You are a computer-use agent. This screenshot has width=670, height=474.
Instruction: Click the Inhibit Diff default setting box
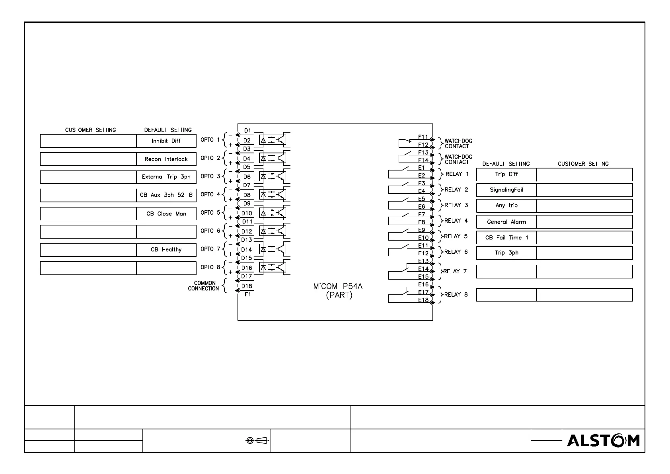tap(166, 141)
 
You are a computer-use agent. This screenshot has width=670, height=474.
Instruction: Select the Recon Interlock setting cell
tap(166, 159)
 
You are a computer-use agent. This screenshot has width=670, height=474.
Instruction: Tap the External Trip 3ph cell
tap(166, 177)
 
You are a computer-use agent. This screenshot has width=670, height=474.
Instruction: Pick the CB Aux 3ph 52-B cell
tap(166, 195)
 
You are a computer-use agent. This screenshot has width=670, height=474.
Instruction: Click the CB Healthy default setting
tap(166, 250)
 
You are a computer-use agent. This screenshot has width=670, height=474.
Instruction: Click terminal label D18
tap(247, 286)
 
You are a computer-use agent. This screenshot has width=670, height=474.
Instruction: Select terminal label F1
tap(247, 295)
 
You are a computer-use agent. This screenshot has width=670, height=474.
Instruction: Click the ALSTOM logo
tap(603, 441)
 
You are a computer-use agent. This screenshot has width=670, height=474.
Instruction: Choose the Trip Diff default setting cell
tap(506, 174)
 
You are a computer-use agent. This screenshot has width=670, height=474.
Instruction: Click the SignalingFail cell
tap(506, 190)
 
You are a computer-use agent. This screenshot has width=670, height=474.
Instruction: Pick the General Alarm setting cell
tap(506, 222)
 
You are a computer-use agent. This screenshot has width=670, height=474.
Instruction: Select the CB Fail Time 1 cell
tap(506, 238)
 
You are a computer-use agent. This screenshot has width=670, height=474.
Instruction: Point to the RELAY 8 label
tap(456, 295)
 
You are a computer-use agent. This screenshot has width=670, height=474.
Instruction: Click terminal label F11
tap(423, 137)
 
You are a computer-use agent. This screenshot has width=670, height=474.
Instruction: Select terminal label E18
tap(423, 300)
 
